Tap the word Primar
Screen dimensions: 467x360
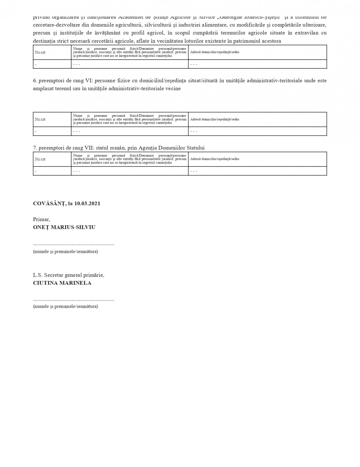click(41, 219)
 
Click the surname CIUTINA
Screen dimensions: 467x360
click(45, 283)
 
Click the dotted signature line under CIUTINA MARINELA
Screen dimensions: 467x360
click(73, 300)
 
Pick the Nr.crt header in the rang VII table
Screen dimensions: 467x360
click(40, 159)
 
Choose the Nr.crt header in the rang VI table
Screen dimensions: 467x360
click(40, 119)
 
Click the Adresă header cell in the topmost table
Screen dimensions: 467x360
click(214, 52)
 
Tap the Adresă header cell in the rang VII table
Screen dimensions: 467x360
click(214, 159)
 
